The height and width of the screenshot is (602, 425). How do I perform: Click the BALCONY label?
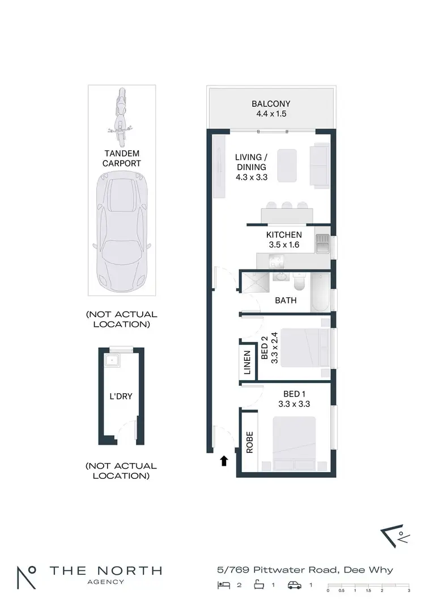[271, 104]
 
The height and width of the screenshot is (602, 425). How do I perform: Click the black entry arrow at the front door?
[224, 461]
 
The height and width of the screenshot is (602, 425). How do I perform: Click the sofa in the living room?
[318, 166]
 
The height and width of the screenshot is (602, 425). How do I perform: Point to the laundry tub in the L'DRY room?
[112, 359]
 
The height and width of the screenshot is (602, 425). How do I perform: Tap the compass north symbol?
[393, 534]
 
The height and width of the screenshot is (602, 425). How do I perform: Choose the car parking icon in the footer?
[295, 585]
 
